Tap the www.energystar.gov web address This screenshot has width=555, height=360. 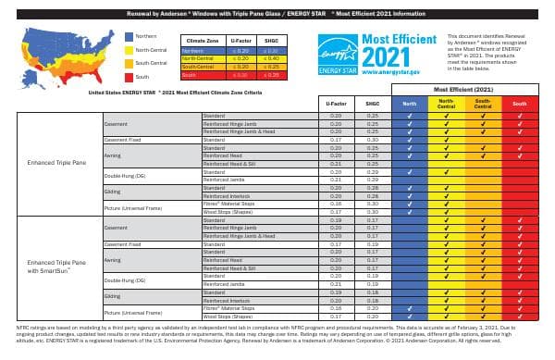pos(399,69)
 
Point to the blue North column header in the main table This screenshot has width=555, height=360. pos(410,104)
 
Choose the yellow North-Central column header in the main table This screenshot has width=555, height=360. pos(446,104)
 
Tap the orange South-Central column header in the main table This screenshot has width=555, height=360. pos(482,104)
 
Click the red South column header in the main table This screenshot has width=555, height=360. pos(519,104)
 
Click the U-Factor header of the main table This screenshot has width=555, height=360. pos(336,104)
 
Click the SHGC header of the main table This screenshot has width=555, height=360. pos(373,104)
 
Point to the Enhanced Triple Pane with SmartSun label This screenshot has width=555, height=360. pos(57,267)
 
